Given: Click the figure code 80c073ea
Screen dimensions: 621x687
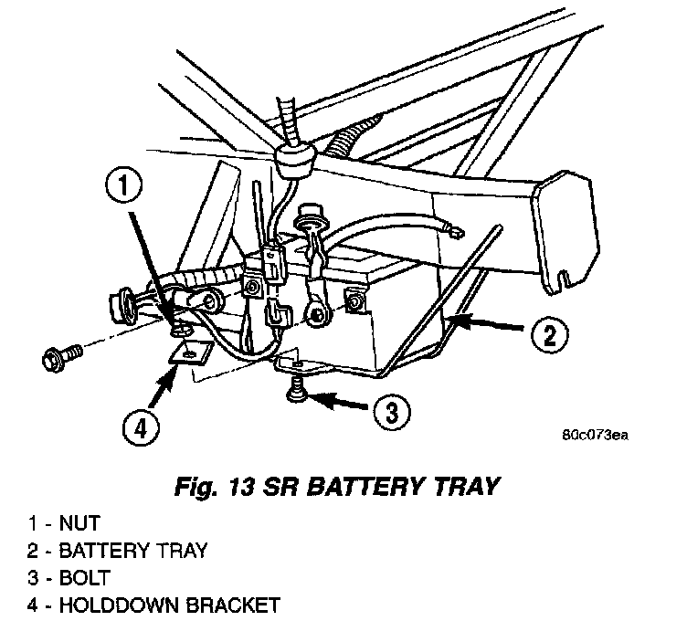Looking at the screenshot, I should click(x=595, y=434).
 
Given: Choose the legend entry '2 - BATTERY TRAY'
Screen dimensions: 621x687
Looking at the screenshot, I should click(x=116, y=552).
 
